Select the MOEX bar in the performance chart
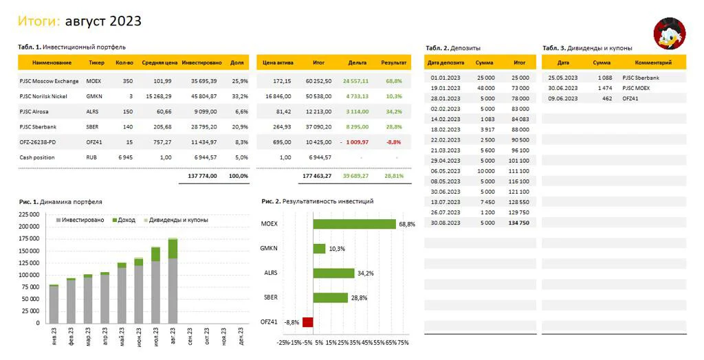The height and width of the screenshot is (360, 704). [x=354, y=224]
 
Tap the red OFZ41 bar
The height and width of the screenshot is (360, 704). [x=307, y=322]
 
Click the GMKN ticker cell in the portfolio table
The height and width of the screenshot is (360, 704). [x=94, y=96]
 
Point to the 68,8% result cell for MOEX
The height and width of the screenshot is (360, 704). [x=394, y=81]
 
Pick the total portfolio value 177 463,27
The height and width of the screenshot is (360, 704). [x=317, y=176]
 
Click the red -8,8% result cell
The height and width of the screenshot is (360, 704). [x=394, y=142]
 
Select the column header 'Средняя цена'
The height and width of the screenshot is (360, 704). [x=159, y=63]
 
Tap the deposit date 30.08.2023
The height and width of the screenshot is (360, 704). [x=445, y=223]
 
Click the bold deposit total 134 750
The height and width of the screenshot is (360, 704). [x=519, y=223]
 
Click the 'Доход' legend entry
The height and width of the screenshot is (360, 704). [x=124, y=220]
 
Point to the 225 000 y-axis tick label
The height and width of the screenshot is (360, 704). [x=29, y=214]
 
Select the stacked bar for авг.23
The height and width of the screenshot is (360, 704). [x=173, y=280]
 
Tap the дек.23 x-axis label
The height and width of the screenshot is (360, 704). [x=241, y=336]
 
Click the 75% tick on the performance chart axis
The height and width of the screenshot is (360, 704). [x=403, y=343]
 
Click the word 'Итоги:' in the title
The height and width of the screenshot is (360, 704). [x=39, y=21]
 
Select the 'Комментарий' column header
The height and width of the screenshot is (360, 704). [x=653, y=63]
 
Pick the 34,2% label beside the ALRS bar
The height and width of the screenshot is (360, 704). [x=366, y=273]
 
